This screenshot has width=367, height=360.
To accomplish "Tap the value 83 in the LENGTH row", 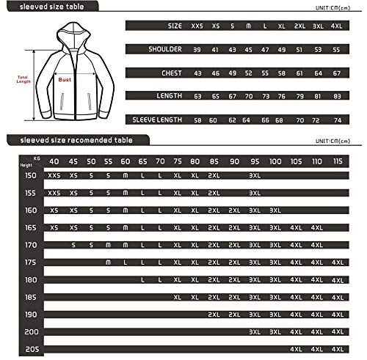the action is point(336,95).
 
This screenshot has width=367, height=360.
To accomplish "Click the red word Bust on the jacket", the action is point(64,81).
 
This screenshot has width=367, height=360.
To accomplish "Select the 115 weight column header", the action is point(337,161).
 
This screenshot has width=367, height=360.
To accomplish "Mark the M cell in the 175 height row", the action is point(108,262).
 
